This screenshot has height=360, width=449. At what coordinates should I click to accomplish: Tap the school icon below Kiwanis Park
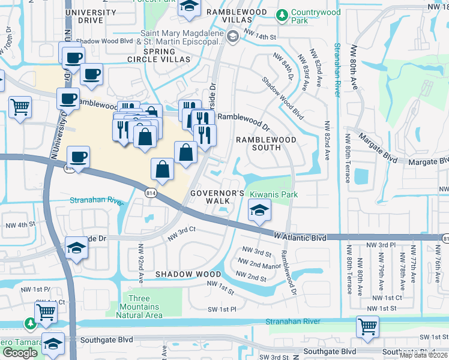tap(259, 211)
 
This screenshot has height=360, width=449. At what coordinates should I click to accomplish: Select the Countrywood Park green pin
tap(281, 14)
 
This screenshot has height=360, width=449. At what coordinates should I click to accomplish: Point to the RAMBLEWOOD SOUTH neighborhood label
tap(266, 144)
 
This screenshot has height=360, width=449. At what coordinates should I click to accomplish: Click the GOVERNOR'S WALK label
tap(217, 197)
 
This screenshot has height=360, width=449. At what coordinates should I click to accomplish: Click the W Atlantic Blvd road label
tap(299, 238)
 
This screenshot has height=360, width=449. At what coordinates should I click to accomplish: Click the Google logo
tap(20, 353)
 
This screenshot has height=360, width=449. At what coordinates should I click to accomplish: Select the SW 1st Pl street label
tap(222, 309)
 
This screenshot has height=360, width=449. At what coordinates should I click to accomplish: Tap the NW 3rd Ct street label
tap(182, 234)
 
